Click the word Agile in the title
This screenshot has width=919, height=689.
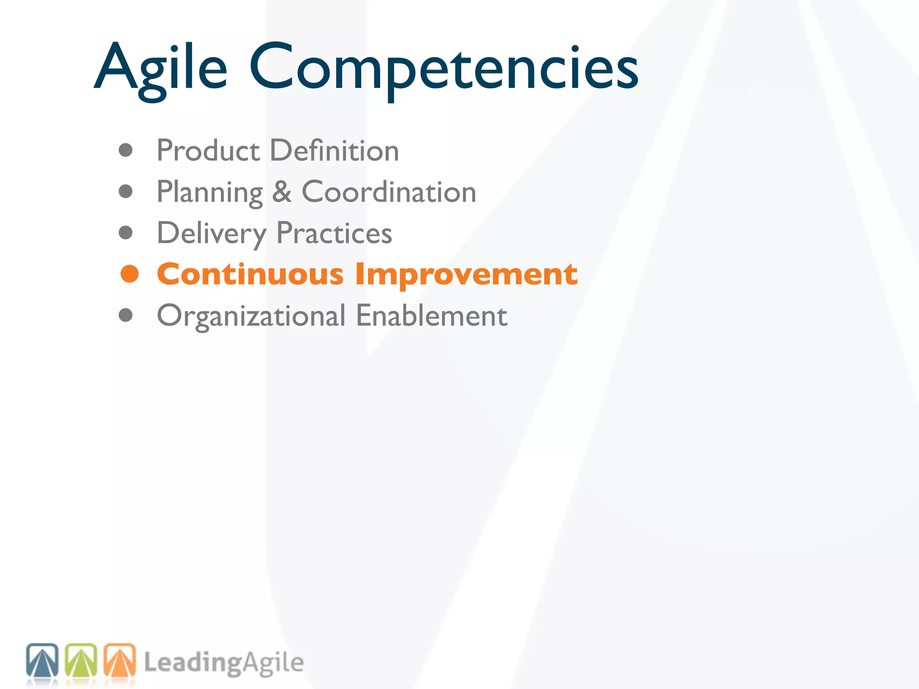[161, 67]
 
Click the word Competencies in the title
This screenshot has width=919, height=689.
[443, 67]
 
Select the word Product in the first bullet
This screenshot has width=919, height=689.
[208, 150]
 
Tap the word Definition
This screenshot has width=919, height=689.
[334, 150]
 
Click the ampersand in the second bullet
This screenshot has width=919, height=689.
[282, 192]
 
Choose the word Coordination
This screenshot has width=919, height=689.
[389, 192]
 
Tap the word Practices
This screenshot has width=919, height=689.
[334, 233]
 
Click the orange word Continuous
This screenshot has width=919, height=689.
[250, 274]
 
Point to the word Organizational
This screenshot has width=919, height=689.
[251, 316]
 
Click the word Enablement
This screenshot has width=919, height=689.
[431, 315]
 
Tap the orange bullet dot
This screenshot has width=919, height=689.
[130, 274]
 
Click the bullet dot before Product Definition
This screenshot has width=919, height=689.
[126, 150]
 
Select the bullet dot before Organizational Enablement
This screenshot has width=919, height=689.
[126, 315]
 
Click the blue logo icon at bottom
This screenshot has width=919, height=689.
[42, 660]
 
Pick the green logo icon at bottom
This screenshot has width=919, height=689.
[81, 660]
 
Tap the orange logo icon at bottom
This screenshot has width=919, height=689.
[120, 660]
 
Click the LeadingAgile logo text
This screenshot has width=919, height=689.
[223, 663]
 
